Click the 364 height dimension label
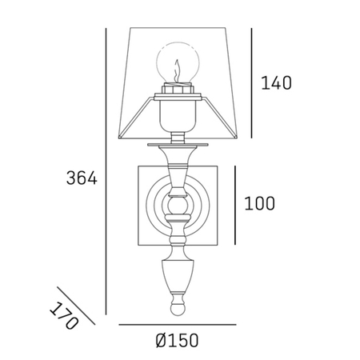[x=81, y=179]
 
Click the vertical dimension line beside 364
[x=106, y=172]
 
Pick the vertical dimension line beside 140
[x=252, y=82]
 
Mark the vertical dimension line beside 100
[x=236, y=205]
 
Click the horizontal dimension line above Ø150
[x=178, y=325]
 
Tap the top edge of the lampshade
[x=178, y=30]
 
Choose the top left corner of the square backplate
[x=137, y=166]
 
